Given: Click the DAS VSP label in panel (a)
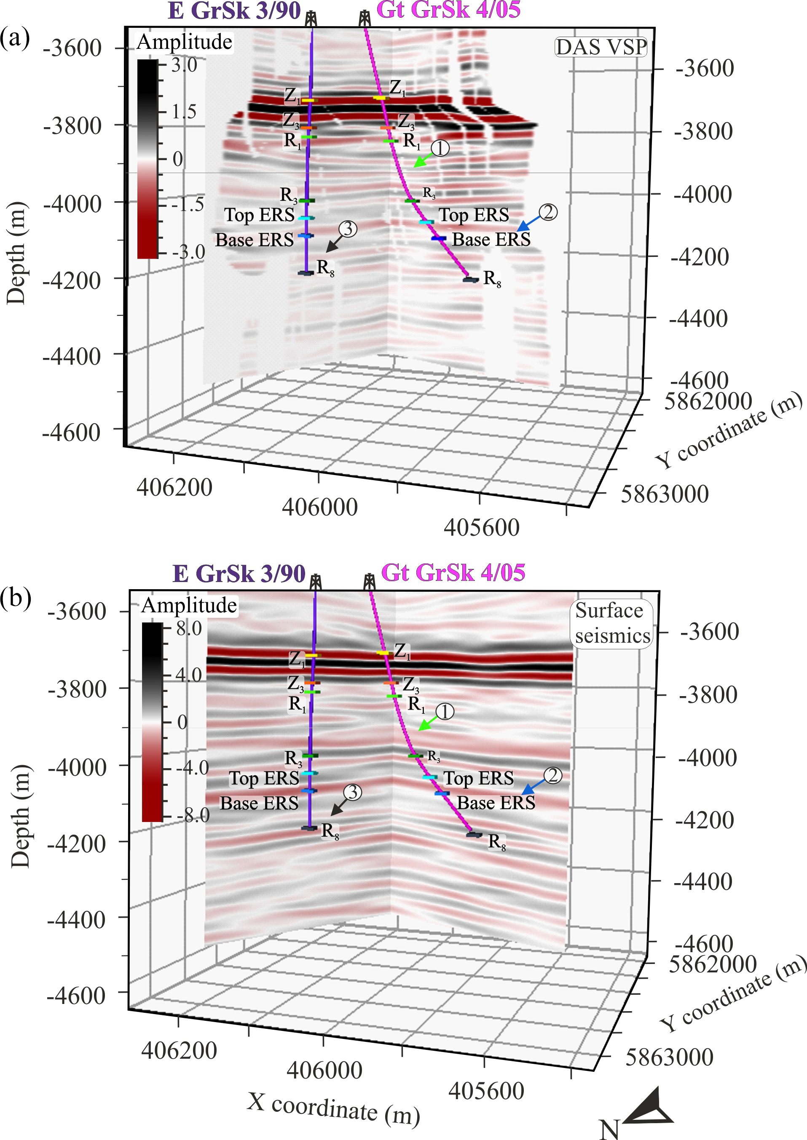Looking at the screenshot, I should (x=601, y=47).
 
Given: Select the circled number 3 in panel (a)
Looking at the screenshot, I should (x=348, y=229).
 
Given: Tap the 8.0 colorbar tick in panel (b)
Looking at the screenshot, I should (x=189, y=629).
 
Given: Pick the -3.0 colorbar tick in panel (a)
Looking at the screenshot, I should (x=188, y=252).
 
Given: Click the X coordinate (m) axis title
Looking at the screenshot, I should (x=333, y=1107).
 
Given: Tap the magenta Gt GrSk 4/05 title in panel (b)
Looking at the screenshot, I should (x=453, y=572).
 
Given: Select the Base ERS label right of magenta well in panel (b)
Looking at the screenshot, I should (x=496, y=803).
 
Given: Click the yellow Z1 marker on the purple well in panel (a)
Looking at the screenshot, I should (x=308, y=100).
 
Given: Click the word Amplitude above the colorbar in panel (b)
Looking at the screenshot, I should (x=189, y=605).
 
